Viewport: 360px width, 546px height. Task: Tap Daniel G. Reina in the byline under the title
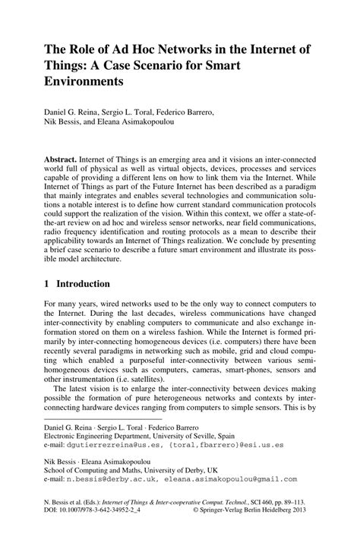[x=77, y=112]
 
